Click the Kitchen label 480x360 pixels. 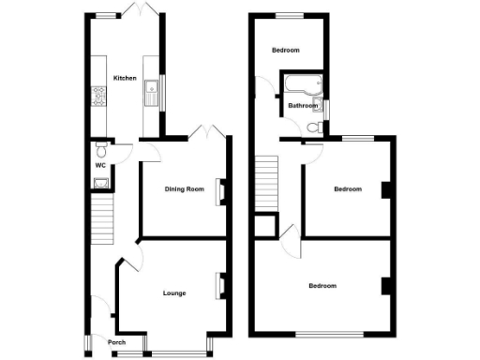pyautogui.click(x=125, y=78)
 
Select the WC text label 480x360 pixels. pyautogui.click(x=99, y=166)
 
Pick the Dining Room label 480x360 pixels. pyautogui.click(x=184, y=189)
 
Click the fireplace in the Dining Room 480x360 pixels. pyautogui.click(x=221, y=190)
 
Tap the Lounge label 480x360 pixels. pyautogui.click(x=173, y=292)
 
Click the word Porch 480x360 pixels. pyautogui.click(x=116, y=341)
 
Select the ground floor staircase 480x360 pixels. pyautogui.click(x=101, y=217)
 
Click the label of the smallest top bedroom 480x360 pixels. pyautogui.click(x=286, y=50)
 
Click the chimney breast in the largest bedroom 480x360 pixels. pyautogui.click(x=384, y=287)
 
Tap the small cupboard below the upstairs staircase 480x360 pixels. pyautogui.click(x=266, y=225)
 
